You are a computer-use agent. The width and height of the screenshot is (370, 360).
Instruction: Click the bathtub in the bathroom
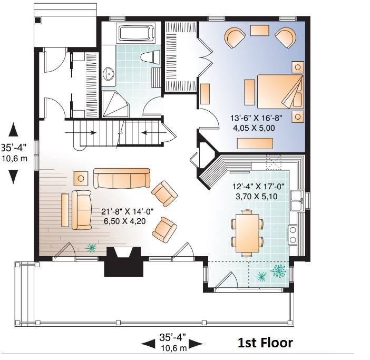point(137,33)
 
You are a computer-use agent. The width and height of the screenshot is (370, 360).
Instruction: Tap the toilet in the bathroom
point(150,57)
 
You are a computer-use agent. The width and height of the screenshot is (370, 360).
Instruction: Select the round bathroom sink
point(109,74)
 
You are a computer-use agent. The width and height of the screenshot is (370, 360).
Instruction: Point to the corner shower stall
point(115,104)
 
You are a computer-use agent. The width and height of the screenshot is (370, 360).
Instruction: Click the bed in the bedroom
point(280,92)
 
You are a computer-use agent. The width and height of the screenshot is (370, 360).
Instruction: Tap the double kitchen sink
point(297,200)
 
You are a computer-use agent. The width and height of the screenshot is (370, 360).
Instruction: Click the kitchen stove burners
point(293,235)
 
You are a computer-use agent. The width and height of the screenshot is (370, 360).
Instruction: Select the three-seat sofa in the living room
point(122,178)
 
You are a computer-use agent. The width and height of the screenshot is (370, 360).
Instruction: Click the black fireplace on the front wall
point(124,261)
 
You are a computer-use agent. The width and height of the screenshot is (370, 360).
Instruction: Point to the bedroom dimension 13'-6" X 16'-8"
point(256,118)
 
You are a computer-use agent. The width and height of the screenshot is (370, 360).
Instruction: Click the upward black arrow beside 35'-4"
point(13,130)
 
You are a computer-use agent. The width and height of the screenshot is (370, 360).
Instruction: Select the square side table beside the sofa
point(81,179)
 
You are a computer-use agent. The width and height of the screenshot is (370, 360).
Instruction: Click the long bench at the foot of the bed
point(255,143)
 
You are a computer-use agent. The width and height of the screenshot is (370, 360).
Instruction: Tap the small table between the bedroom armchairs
point(259,31)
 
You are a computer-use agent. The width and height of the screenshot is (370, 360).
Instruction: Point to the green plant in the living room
point(91,248)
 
